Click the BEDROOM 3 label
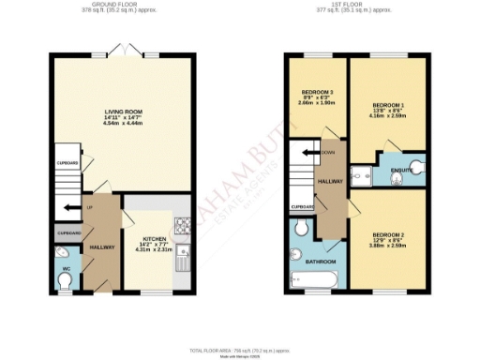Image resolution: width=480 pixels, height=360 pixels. (316, 92)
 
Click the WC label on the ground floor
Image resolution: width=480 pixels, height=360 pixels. (66, 270)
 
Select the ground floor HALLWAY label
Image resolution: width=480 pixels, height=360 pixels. (101, 247)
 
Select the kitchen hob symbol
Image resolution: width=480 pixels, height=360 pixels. (179, 226)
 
